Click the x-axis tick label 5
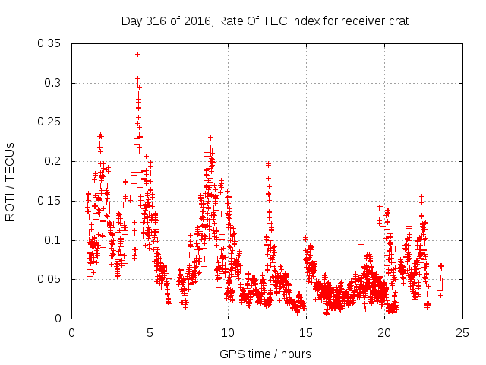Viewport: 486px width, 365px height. click(x=150, y=333)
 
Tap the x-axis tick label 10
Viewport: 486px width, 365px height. click(x=228, y=333)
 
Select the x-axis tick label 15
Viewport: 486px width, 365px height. click(x=306, y=333)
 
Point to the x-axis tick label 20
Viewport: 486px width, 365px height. click(x=384, y=333)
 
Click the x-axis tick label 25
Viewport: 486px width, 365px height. click(x=462, y=333)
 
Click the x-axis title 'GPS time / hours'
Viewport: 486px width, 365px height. click(x=265, y=354)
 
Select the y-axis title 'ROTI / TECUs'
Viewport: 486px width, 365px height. click(x=11, y=181)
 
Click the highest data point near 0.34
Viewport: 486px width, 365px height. click(x=137, y=54)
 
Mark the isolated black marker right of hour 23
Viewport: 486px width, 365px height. click(x=440, y=240)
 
